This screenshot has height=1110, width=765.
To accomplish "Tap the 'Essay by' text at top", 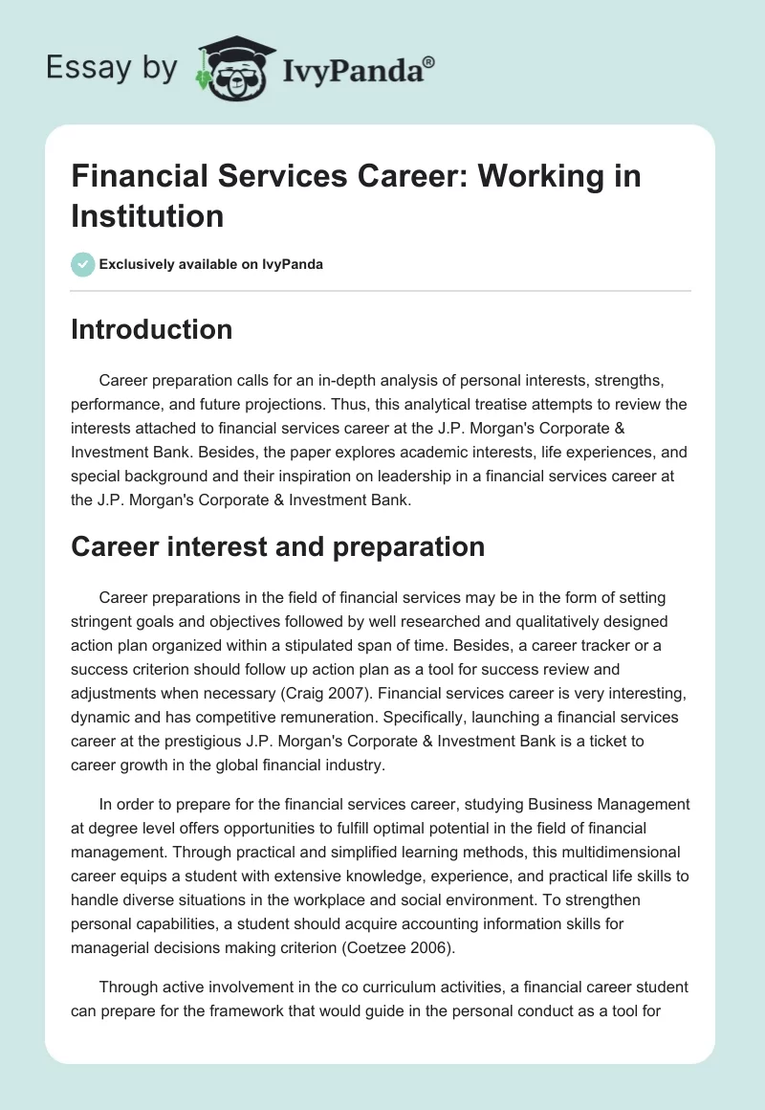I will (113, 69).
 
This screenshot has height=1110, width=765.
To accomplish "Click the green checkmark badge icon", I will (82, 264).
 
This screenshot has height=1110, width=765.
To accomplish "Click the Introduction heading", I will (151, 329).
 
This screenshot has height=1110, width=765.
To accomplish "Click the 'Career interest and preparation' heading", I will (277, 546).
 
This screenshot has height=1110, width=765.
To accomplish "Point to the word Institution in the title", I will (147, 214).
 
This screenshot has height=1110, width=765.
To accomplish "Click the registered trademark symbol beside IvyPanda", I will (429, 61).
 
